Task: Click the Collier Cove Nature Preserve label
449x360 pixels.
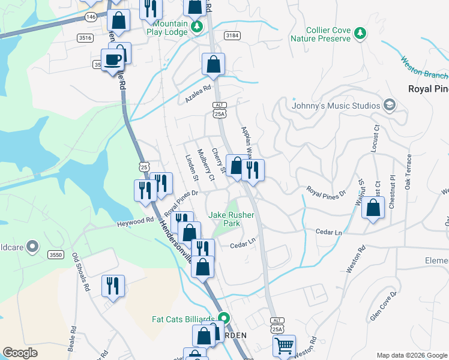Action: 319,34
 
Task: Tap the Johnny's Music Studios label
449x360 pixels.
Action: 336,106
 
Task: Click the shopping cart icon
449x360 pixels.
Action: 283,346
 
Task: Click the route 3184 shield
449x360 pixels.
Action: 232,36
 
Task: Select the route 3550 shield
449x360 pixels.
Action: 56,255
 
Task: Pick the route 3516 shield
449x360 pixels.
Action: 85,38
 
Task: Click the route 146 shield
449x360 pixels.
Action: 91,17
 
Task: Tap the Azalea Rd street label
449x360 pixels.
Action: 199,94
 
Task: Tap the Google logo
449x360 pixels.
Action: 20,353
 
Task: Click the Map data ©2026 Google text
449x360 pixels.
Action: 411,355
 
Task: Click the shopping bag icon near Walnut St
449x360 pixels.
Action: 373,209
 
